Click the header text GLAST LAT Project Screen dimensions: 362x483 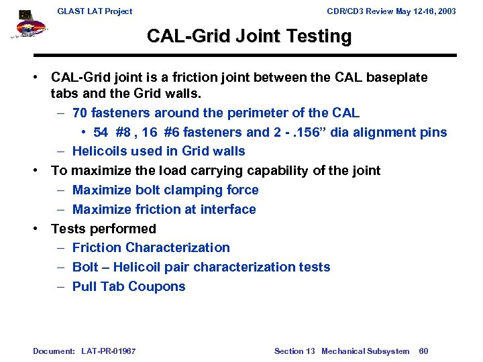95,11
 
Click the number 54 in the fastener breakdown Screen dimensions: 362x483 101,132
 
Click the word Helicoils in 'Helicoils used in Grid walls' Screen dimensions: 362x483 101,152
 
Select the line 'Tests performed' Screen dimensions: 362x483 103,229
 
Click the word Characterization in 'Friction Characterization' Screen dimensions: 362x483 178,248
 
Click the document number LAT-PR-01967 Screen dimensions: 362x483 108,351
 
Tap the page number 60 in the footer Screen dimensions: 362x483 423,351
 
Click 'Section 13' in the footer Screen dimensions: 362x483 294,351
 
